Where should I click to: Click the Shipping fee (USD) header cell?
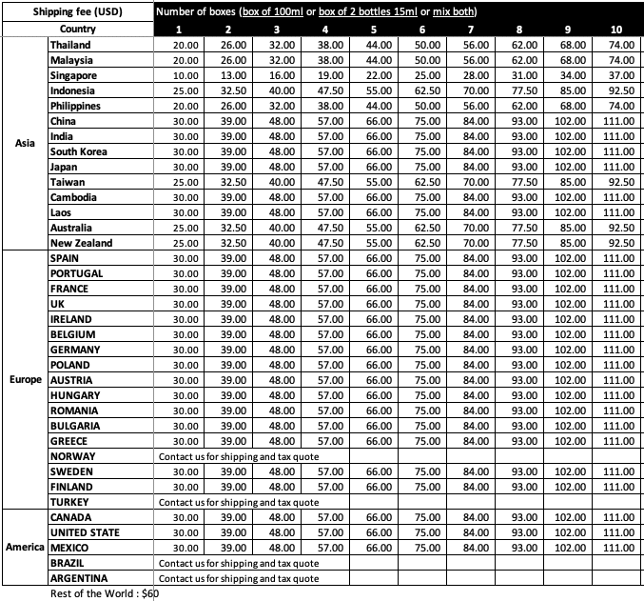[77, 12]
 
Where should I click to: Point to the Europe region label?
[25, 380]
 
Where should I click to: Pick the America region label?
[25, 548]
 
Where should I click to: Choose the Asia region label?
[25, 144]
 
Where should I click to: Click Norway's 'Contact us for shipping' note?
[239, 456]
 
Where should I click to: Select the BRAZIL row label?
[72, 563]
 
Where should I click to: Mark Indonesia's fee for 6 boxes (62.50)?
[427, 90]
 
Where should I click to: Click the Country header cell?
[77, 30]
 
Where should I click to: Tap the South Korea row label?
[84, 151]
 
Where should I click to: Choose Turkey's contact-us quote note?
[239, 502]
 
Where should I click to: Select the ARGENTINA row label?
[79, 578]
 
